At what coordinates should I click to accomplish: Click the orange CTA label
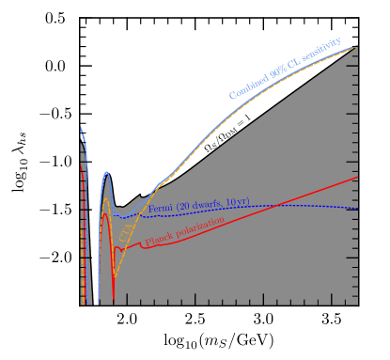(125, 232)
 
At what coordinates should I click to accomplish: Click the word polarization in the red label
(201, 227)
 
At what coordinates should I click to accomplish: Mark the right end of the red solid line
(358, 177)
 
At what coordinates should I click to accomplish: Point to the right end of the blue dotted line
(358, 209)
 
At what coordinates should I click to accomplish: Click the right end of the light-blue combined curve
(358, 45)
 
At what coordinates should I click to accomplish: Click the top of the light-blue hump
(106, 172)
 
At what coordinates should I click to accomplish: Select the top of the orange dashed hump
(105, 198)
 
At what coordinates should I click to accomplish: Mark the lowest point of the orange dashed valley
(114, 276)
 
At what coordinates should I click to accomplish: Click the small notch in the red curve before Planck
(141, 245)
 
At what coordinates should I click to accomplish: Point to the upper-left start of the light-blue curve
(81, 128)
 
